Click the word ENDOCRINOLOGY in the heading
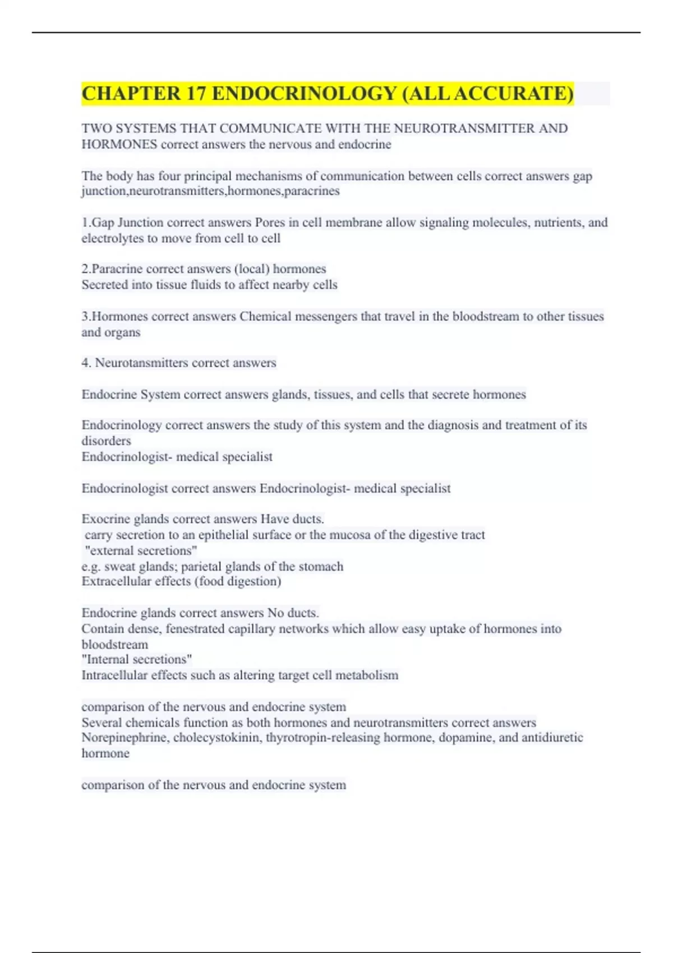(304, 94)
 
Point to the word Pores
(270, 223)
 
